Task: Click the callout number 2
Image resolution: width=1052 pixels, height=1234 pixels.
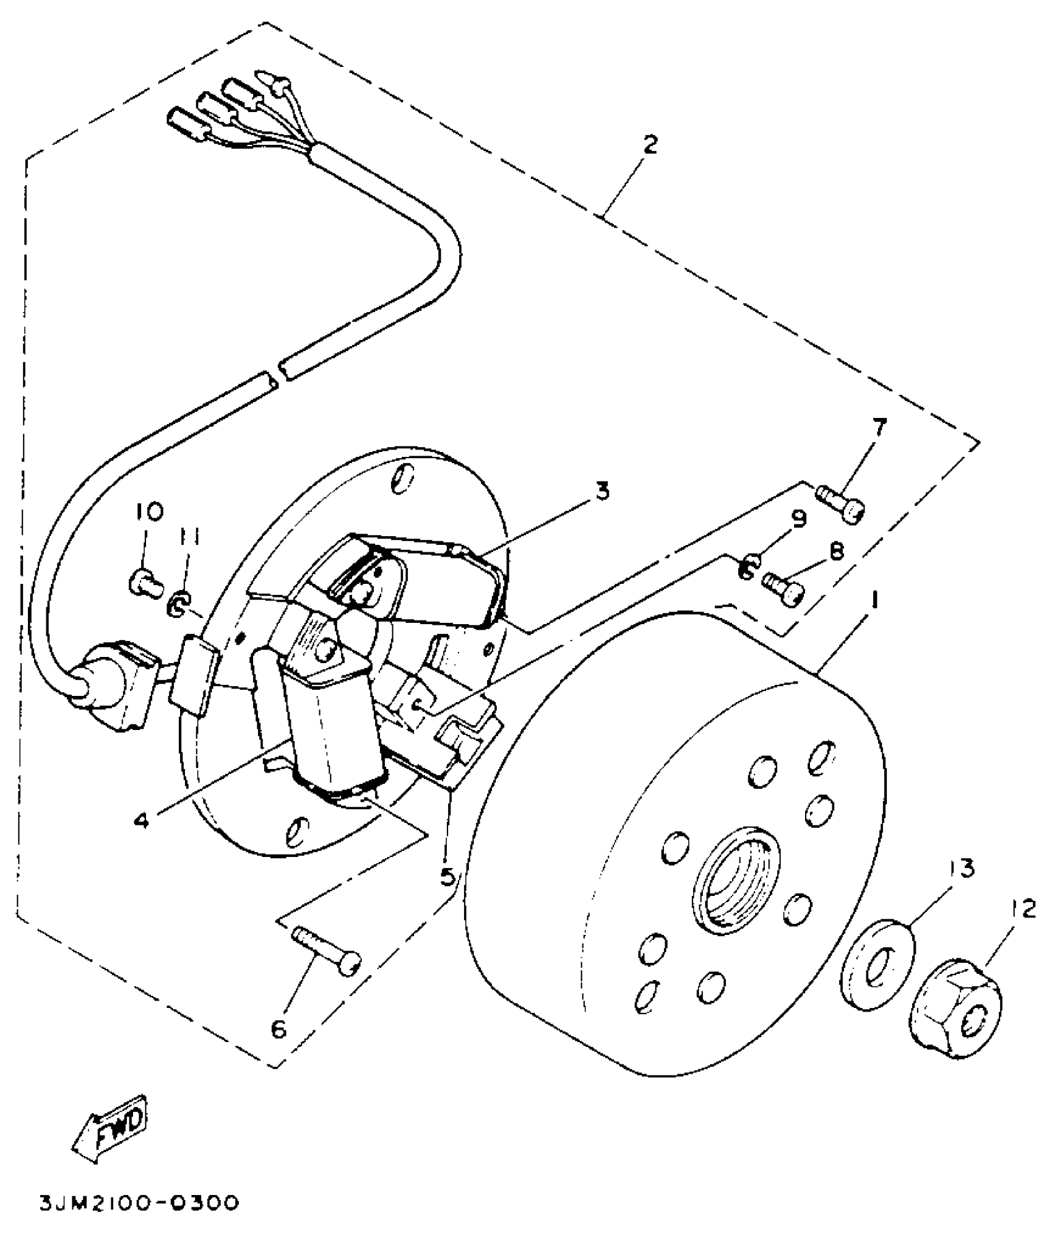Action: pos(649,145)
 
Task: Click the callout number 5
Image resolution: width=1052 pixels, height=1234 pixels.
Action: pos(447,875)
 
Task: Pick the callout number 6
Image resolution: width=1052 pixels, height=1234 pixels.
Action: pos(278,1029)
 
